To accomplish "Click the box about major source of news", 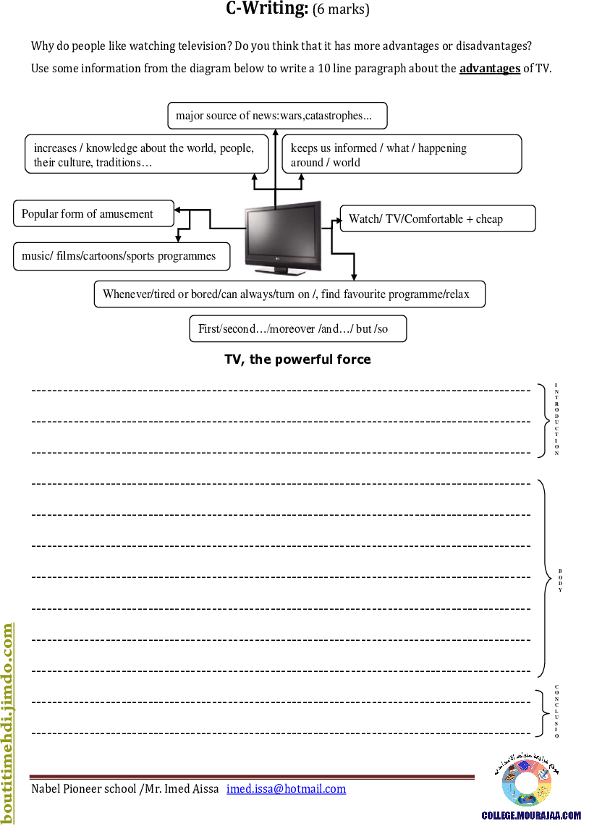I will point(277,116).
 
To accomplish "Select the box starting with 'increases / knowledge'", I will point(146,155).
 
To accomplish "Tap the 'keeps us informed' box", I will point(402,155).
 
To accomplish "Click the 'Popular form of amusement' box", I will point(93,214).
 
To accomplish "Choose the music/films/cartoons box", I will point(122,256).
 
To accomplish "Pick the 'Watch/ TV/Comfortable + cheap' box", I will point(438,219).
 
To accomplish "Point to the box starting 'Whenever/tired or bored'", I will point(289,294).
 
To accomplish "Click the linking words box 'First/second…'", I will point(297,329).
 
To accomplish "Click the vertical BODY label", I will point(559,588).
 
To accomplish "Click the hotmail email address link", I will point(287,788).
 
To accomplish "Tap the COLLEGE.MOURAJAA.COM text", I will point(532,815).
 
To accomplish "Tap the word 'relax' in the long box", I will point(456,294).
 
